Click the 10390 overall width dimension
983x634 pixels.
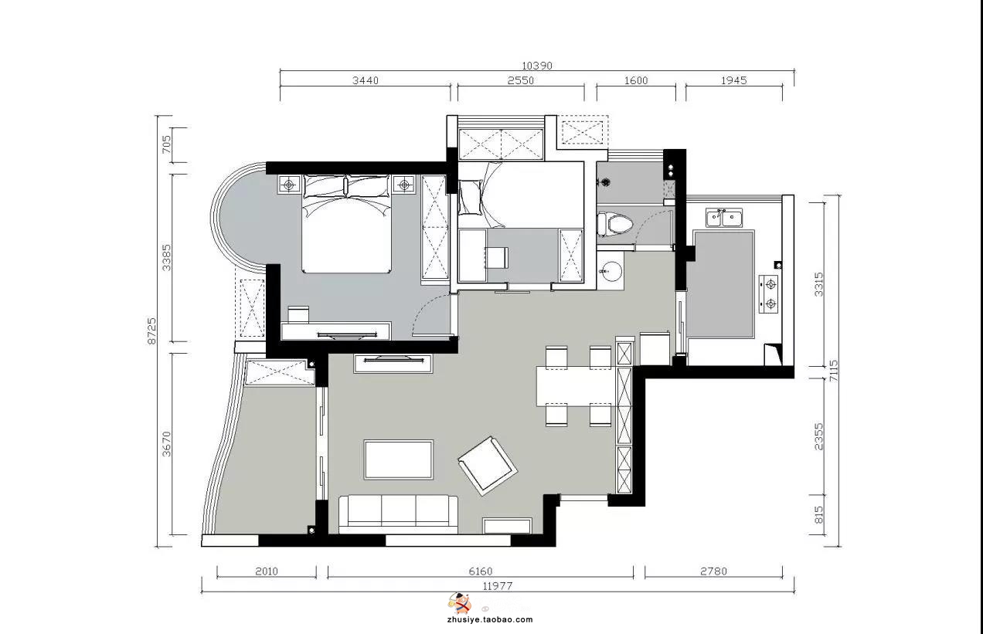536,66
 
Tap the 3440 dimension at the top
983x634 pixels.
365,80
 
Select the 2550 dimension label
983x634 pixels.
520,80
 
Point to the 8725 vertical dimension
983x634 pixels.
151,331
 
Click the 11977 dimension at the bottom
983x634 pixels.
498,586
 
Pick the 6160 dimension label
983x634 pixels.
481,571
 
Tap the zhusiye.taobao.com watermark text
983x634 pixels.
490,619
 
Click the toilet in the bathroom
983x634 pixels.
615,225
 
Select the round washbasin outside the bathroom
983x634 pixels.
611,271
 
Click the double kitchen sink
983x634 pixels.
724,218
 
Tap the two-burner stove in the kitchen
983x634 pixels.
769,293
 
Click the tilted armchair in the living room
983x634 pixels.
488,466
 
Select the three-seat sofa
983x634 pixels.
399,514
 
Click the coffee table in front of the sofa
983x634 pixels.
399,459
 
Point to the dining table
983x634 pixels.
576,386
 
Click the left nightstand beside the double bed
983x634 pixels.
289,185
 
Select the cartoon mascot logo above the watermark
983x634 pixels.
460,604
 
